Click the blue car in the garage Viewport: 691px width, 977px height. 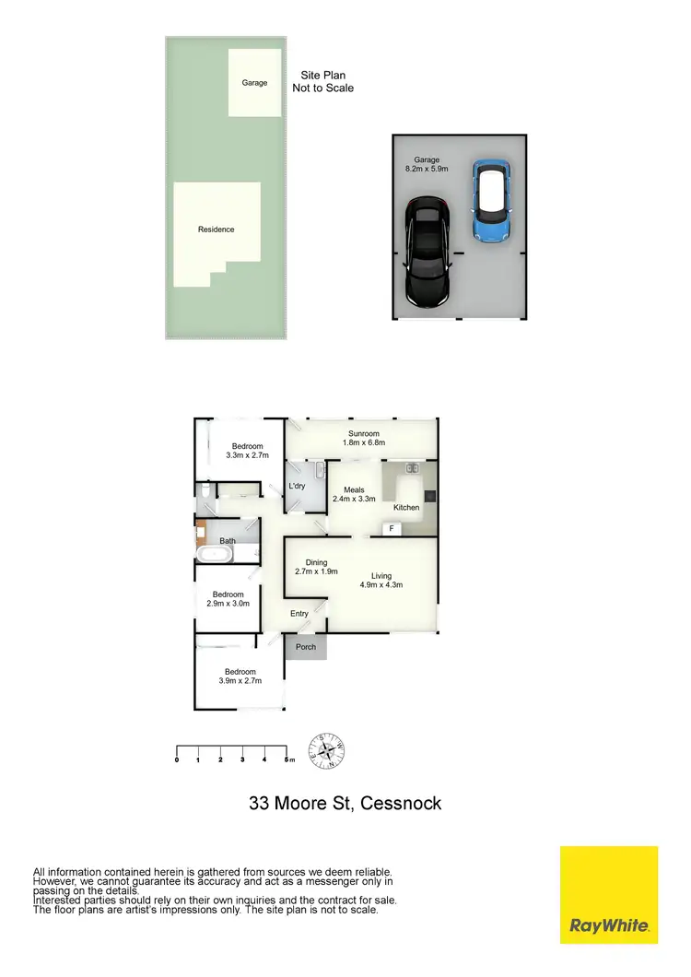pyautogui.click(x=491, y=201)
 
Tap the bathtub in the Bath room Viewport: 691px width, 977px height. pyautogui.click(x=216, y=555)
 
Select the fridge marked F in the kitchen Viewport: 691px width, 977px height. pyautogui.click(x=392, y=529)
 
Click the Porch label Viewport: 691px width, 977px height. pyautogui.click(x=306, y=647)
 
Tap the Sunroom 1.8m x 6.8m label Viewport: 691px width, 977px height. pyautogui.click(x=364, y=439)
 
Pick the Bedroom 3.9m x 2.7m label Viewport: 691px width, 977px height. pyautogui.click(x=238, y=677)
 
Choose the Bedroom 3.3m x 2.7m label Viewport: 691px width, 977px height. pyautogui.click(x=248, y=452)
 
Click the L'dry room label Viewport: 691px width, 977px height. pyautogui.click(x=297, y=487)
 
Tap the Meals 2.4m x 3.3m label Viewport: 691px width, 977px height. pyautogui.click(x=354, y=495)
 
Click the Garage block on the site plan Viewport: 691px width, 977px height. pyautogui.click(x=255, y=83)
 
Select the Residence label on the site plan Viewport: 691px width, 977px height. pyautogui.click(x=217, y=230)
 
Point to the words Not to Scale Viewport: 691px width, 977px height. pyautogui.click(x=323, y=88)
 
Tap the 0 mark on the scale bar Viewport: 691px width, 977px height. pyautogui.click(x=177, y=759)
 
